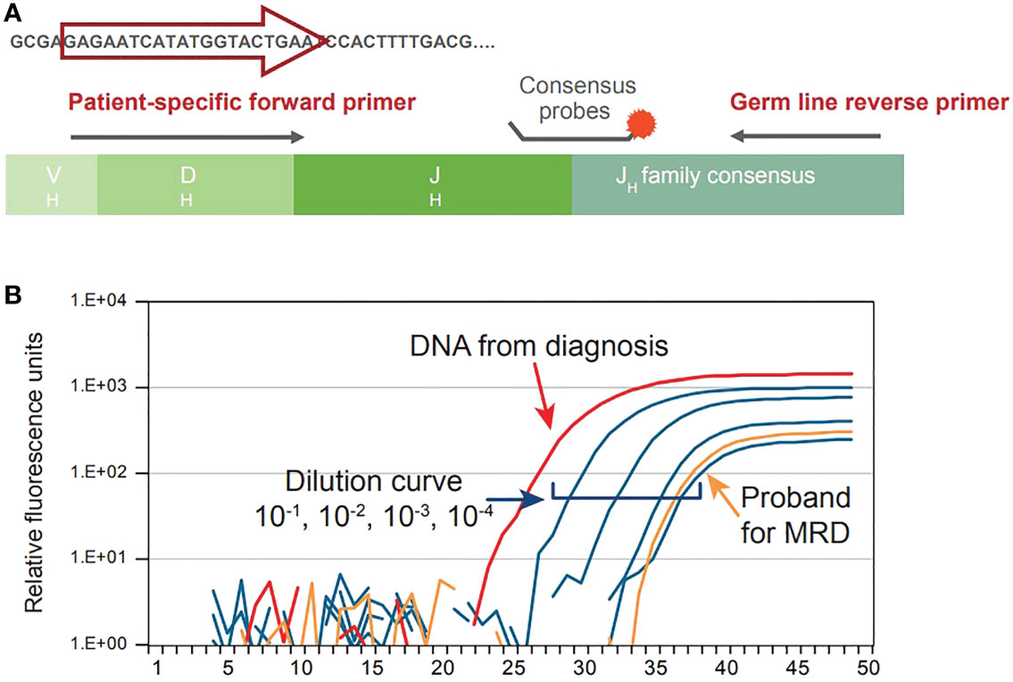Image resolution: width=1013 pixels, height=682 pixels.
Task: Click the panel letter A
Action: (12, 12)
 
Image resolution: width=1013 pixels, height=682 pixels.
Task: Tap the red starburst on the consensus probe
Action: (642, 123)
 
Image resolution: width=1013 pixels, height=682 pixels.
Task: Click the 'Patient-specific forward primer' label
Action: (242, 102)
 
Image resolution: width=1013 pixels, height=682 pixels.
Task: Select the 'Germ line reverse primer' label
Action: (869, 102)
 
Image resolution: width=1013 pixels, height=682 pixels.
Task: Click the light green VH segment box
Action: (52, 184)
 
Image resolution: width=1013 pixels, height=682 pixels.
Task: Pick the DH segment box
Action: (195, 184)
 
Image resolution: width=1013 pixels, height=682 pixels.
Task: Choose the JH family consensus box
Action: (737, 184)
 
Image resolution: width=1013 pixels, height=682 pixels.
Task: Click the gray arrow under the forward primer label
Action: (187, 137)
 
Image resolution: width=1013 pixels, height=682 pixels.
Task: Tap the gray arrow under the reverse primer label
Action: (806, 136)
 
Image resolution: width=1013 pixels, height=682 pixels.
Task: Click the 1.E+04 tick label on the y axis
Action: (104, 301)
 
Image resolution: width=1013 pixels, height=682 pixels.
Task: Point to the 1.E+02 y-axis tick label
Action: (104, 472)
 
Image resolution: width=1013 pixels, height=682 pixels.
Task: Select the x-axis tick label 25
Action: (513, 667)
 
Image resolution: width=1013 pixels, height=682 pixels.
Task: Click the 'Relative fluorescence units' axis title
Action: (34, 472)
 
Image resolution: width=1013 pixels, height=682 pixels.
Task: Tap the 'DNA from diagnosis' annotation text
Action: (539, 345)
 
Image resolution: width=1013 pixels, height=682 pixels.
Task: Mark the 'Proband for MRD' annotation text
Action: (795, 516)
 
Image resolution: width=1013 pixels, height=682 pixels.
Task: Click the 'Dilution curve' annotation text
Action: (374, 482)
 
